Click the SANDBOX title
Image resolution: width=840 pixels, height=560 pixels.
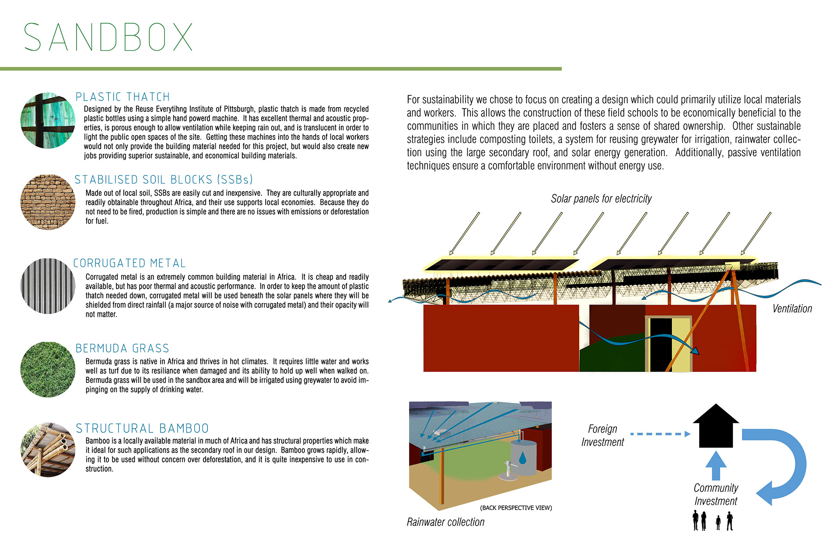[108, 37]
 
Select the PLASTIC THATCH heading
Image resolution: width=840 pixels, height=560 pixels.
[122, 97]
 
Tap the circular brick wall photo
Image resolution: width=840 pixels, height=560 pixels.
[48, 202]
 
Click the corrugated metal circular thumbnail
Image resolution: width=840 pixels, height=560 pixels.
[48, 286]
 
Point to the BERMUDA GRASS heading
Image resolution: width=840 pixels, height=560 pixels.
[122, 348]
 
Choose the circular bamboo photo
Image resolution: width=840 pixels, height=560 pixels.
[48, 449]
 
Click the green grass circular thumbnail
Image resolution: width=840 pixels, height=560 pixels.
[48, 370]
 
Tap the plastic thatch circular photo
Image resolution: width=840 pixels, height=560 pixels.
[48, 120]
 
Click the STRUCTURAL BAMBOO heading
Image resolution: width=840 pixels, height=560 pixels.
[142, 428]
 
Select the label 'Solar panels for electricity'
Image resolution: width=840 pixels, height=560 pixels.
[601, 199]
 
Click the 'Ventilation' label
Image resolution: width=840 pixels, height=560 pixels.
[792, 308]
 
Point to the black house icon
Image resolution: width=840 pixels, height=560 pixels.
[716, 426]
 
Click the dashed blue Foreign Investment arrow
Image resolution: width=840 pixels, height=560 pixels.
[661, 434]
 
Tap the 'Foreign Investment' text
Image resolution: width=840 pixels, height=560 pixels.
[602, 435]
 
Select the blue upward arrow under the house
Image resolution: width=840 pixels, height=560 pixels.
[716, 465]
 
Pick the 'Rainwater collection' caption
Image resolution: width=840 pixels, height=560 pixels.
[445, 522]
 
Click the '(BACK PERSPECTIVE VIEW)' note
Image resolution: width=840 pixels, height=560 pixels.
[516, 508]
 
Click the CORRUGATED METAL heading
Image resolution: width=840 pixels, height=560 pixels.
[129, 263]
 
